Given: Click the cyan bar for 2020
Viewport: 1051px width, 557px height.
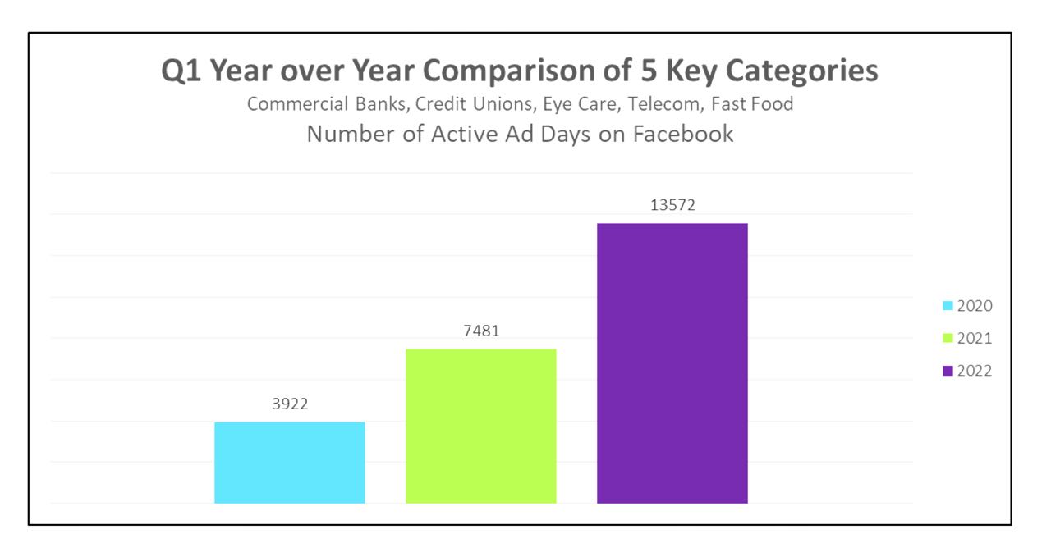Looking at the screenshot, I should [289, 462].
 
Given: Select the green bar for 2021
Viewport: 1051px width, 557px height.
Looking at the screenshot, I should [480, 426].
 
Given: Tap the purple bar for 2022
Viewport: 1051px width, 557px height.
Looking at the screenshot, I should [672, 363].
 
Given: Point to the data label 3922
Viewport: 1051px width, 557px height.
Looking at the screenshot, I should [290, 404].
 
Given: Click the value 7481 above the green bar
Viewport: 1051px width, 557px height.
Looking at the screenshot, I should [481, 331].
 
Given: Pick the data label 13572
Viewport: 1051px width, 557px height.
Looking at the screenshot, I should [672, 205].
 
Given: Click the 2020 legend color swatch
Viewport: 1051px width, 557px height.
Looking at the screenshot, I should [948, 306].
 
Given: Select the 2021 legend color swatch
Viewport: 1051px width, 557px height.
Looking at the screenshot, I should [948, 338].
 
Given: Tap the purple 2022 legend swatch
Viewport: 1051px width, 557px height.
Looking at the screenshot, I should [948, 371].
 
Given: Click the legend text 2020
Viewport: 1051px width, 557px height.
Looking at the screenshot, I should [975, 306].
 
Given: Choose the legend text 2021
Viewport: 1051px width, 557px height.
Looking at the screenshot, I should [975, 338].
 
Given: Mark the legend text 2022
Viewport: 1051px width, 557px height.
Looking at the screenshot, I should [975, 371].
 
